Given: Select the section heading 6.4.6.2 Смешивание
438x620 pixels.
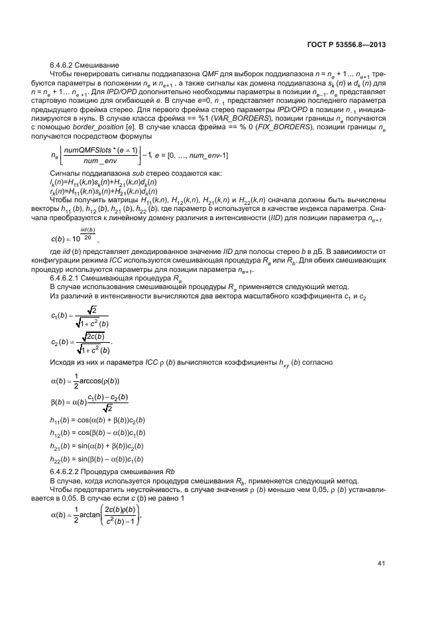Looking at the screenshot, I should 85,66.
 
